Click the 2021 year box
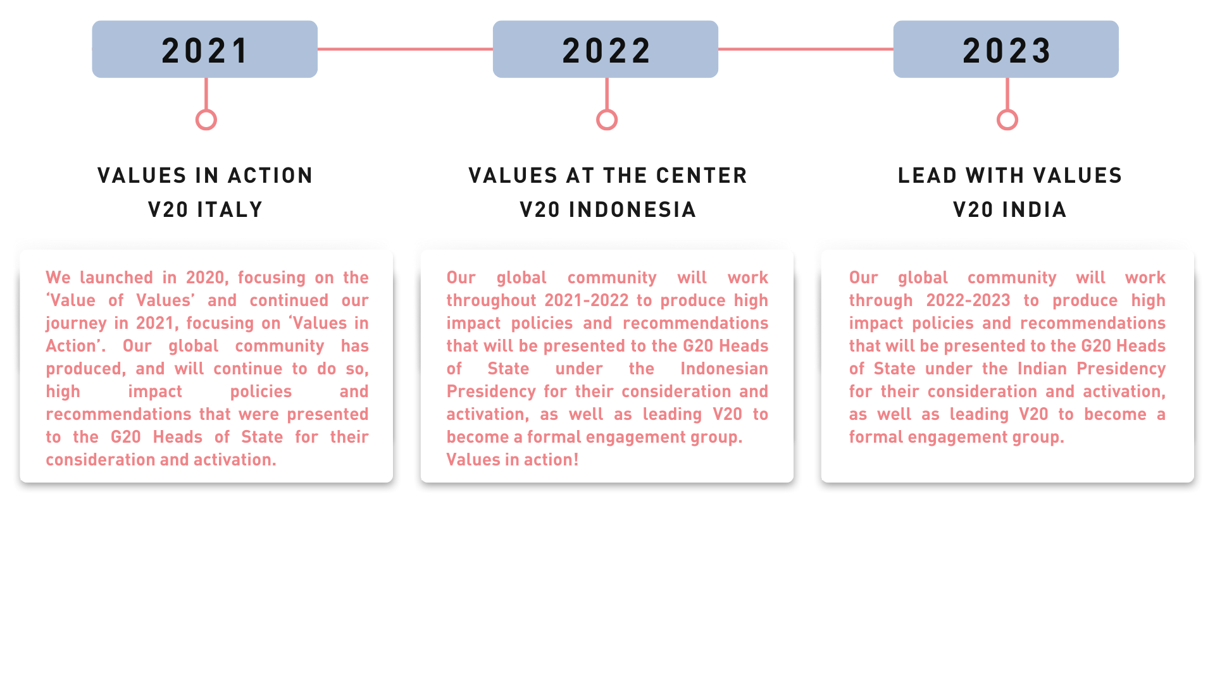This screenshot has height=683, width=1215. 204,49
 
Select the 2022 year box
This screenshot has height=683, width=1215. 606,49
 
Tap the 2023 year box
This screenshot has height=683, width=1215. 1006,49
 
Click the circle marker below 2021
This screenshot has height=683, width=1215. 206,110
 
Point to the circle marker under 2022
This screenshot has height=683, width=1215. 607,110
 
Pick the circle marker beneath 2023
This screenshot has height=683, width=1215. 1007,110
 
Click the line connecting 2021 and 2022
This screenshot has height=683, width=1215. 405,49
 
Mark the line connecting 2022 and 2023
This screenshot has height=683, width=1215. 806,49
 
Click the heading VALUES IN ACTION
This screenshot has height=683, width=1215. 206,176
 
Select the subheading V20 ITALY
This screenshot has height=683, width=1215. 206,210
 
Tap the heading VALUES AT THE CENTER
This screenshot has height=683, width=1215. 608,176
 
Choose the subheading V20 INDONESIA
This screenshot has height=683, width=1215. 608,210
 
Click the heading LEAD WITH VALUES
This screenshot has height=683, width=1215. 1010,176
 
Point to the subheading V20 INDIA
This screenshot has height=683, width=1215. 1010,210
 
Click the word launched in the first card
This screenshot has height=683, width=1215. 116,278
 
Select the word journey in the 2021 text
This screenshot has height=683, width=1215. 76,324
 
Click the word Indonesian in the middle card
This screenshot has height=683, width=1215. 725,369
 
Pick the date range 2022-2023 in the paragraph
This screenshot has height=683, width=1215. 968,300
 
